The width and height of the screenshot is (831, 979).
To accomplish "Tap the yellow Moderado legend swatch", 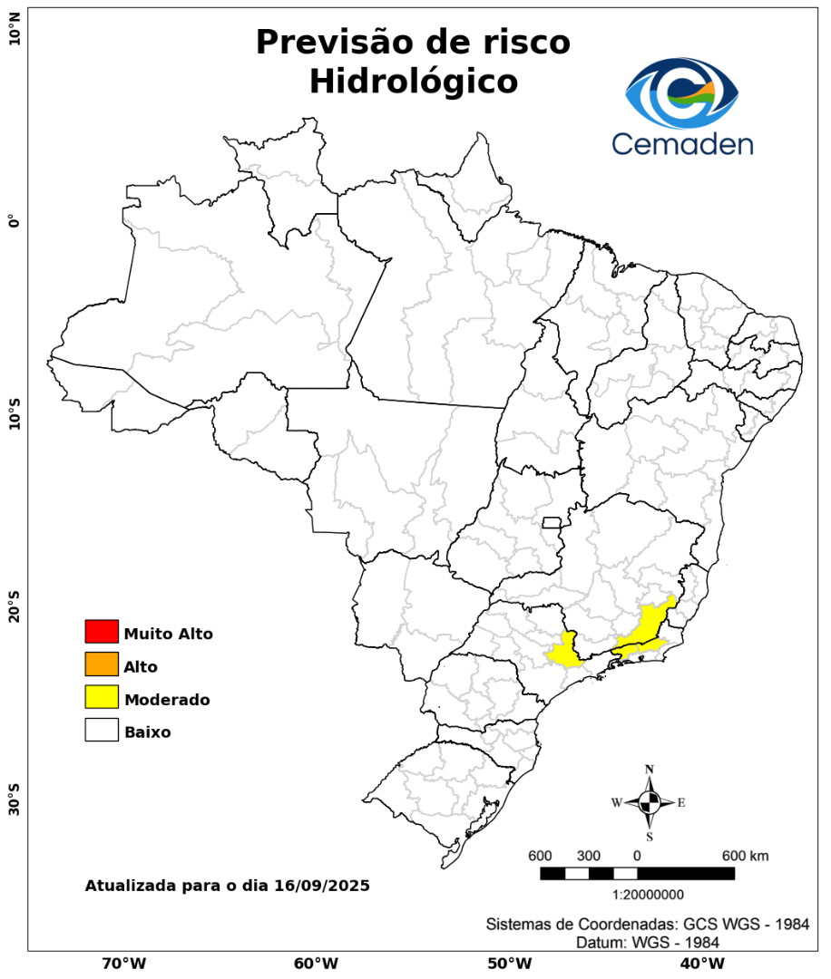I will [x=102, y=698].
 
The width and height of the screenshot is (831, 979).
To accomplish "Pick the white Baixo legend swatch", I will [x=102, y=731].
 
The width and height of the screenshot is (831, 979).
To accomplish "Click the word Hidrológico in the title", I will [x=414, y=82].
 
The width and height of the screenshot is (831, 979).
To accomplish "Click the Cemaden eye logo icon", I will [x=682, y=93].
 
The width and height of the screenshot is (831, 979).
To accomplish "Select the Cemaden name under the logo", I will [x=682, y=143].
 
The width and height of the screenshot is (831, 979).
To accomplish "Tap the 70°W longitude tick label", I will [x=124, y=963].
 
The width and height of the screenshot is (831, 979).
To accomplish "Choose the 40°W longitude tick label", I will [x=699, y=963].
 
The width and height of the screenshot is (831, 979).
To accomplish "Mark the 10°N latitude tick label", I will [x=15, y=35].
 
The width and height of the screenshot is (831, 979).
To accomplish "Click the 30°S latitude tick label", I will [x=15, y=794].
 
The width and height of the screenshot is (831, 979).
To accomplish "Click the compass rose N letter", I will [x=650, y=770].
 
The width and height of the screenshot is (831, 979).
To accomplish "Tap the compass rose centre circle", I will [x=650, y=802].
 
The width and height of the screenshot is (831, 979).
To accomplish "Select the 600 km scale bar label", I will [x=746, y=857].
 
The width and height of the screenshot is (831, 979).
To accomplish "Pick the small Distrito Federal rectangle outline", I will [x=552, y=522].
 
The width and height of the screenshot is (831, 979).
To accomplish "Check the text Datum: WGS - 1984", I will [x=648, y=943].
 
